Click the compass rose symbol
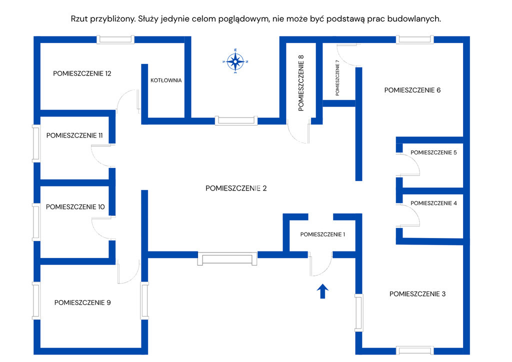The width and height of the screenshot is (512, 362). (235, 61)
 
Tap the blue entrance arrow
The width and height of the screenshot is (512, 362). (322, 291)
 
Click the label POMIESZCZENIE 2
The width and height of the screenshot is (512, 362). (236, 188)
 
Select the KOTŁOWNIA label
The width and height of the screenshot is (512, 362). (166, 80)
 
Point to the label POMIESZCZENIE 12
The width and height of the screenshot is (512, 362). (82, 73)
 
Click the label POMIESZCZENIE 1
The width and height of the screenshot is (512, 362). (322, 234)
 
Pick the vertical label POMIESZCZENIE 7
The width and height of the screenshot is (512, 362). (337, 77)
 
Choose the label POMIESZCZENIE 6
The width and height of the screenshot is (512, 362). (412, 90)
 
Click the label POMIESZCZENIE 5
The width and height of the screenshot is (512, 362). (433, 152)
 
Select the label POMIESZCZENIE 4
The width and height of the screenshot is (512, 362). (433, 203)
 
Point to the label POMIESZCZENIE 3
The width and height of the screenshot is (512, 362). (417, 294)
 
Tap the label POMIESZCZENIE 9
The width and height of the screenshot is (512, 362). (82, 302)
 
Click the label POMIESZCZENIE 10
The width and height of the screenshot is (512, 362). (75, 206)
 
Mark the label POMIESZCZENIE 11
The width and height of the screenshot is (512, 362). (74, 135)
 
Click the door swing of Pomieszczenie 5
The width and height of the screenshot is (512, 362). (408, 165)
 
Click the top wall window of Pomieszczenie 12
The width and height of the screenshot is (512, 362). (115, 39)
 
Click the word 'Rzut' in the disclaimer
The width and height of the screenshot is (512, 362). (80, 19)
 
